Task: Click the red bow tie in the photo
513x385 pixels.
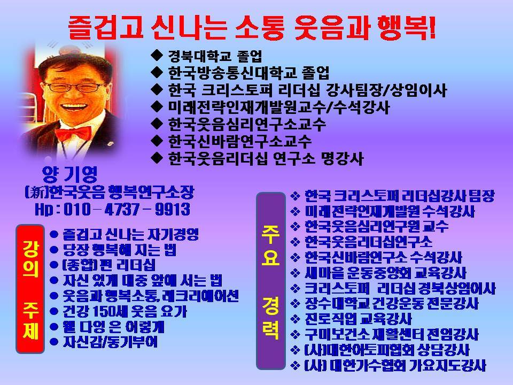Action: [73, 134]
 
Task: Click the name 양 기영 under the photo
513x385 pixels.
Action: [70, 174]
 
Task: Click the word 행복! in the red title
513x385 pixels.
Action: [406, 27]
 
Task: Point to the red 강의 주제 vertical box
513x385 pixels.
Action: [30, 289]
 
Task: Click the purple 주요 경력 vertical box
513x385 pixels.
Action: [270, 281]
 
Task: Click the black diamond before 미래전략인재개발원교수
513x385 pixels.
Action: [157, 106]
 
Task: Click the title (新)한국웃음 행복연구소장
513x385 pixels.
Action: [110, 192]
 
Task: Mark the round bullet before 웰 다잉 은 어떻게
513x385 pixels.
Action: [54, 326]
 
